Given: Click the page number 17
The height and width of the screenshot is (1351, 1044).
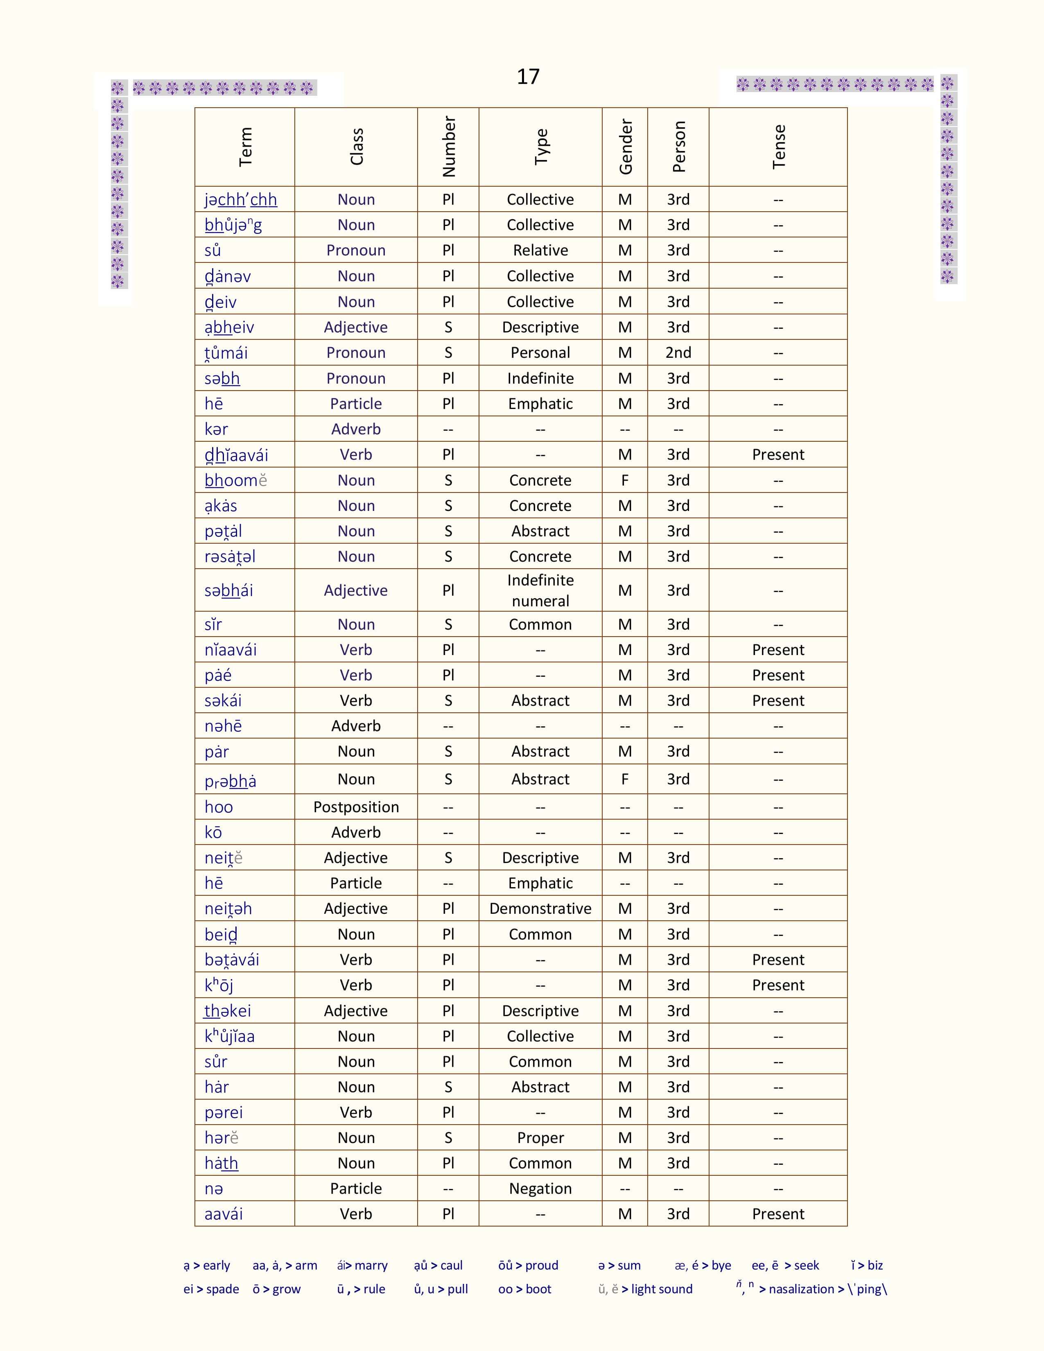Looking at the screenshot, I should [x=528, y=77].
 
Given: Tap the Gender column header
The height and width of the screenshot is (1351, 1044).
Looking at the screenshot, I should [x=625, y=147].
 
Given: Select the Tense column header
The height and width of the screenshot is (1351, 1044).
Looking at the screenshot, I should [x=778, y=147].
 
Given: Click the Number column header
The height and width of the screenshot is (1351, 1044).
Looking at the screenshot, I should [x=448, y=147].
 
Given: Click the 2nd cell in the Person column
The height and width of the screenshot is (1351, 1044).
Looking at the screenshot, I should [x=678, y=352].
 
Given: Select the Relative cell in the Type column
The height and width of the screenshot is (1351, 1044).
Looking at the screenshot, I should [x=540, y=251].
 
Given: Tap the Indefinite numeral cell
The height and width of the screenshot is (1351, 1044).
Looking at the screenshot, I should [x=540, y=590].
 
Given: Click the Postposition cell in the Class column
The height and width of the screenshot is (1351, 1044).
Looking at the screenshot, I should [x=356, y=807].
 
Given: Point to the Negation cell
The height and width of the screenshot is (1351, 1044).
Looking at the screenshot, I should [x=540, y=1188].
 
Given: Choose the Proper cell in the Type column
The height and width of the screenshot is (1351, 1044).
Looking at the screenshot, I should [x=540, y=1138].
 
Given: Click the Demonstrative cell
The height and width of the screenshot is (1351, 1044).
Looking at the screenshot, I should [x=540, y=909].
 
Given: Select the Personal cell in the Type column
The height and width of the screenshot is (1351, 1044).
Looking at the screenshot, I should [x=540, y=352].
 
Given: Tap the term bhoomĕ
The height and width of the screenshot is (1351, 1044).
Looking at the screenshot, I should [x=236, y=481].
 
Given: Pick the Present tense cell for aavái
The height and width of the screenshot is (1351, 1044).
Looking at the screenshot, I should [x=778, y=1214].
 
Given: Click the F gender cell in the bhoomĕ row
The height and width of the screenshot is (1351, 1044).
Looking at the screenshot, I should [x=625, y=481].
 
